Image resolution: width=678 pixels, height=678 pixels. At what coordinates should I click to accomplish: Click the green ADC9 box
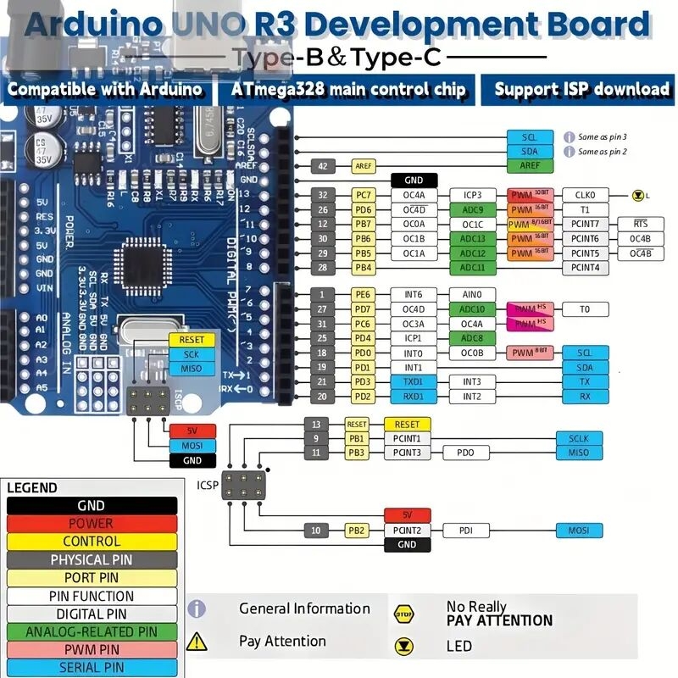(x=472, y=209)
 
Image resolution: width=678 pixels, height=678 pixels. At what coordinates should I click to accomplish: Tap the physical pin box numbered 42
(x=321, y=166)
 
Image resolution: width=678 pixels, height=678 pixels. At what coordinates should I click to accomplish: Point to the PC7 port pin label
(x=363, y=195)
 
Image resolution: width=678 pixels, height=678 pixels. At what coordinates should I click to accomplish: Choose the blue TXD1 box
(x=413, y=382)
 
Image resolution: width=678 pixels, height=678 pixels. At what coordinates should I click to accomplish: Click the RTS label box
(x=641, y=224)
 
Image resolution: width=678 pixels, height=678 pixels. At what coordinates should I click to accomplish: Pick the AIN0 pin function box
(x=472, y=294)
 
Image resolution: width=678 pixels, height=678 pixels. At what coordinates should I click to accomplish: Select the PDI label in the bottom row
(x=465, y=531)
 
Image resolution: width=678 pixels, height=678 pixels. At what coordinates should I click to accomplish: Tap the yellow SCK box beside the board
(x=192, y=354)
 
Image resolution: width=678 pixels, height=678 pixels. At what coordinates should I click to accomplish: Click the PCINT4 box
(x=585, y=268)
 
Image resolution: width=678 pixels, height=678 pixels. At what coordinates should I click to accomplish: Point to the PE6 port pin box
(x=363, y=294)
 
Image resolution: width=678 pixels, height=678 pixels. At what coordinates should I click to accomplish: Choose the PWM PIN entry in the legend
(x=92, y=649)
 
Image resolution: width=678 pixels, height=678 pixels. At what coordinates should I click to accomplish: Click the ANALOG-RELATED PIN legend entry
(x=92, y=631)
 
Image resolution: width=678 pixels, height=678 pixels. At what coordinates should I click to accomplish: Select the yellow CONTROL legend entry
(x=92, y=542)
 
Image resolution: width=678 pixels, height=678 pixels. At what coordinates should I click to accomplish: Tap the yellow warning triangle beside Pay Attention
(x=197, y=642)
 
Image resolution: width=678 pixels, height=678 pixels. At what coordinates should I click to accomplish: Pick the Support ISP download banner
(x=581, y=89)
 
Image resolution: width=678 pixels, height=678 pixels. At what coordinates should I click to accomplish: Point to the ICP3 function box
(x=472, y=195)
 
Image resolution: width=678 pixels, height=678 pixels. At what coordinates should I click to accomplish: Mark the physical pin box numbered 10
(x=315, y=531)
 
